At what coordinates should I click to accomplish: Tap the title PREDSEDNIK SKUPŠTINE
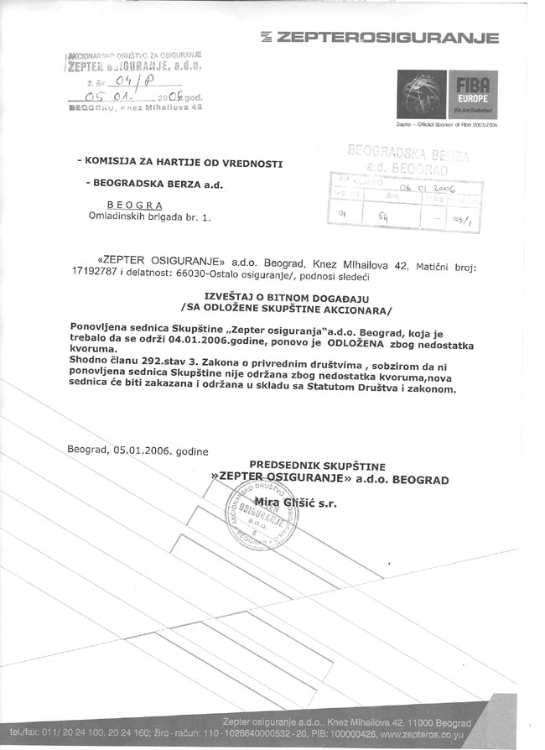point(328,465)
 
